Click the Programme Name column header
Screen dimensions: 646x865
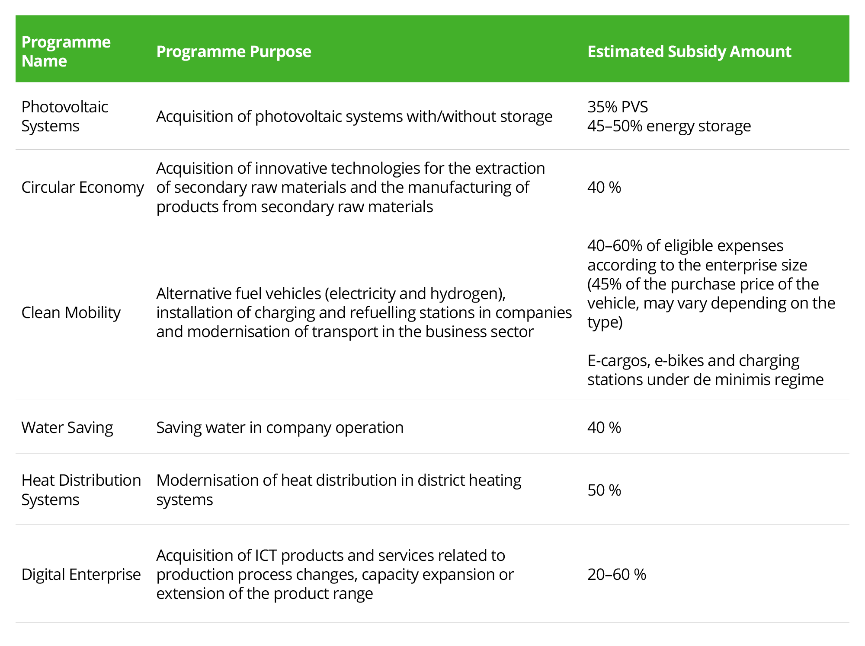[x=66, y=51]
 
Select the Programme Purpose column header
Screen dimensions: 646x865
[x=234, y=51]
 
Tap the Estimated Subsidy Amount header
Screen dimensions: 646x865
[x=689, y=51]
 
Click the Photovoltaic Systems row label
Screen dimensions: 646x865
[x=64, y=116]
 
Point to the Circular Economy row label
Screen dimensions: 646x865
[x=82, y=187]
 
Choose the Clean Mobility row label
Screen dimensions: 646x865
[x=71, y=312]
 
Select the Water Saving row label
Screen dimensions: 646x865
[x=67, y=427]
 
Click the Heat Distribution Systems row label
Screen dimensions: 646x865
[x=81, y=490]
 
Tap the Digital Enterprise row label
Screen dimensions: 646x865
[x=81, y=574]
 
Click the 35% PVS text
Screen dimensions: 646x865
[x=617, y=107]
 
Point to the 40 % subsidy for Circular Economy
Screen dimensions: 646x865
[x=604, y=187]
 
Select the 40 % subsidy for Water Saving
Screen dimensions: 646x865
[x=604, y=427]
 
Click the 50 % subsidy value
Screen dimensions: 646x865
[x=604, y=490]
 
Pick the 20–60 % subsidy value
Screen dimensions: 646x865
[x=616, y=574]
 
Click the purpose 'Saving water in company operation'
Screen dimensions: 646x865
[x=279, y=427]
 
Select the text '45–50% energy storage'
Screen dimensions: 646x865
[x=669, y=126]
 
